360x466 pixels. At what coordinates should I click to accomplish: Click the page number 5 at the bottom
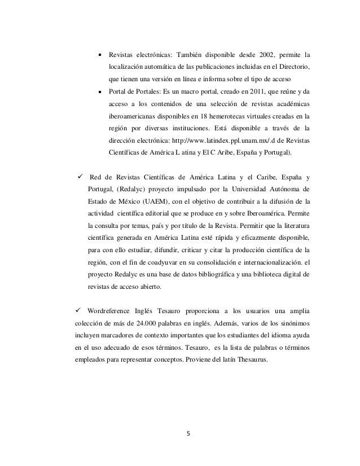(x=189, y=434)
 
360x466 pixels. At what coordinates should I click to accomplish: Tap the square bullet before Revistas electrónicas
(x=99, y=55)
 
